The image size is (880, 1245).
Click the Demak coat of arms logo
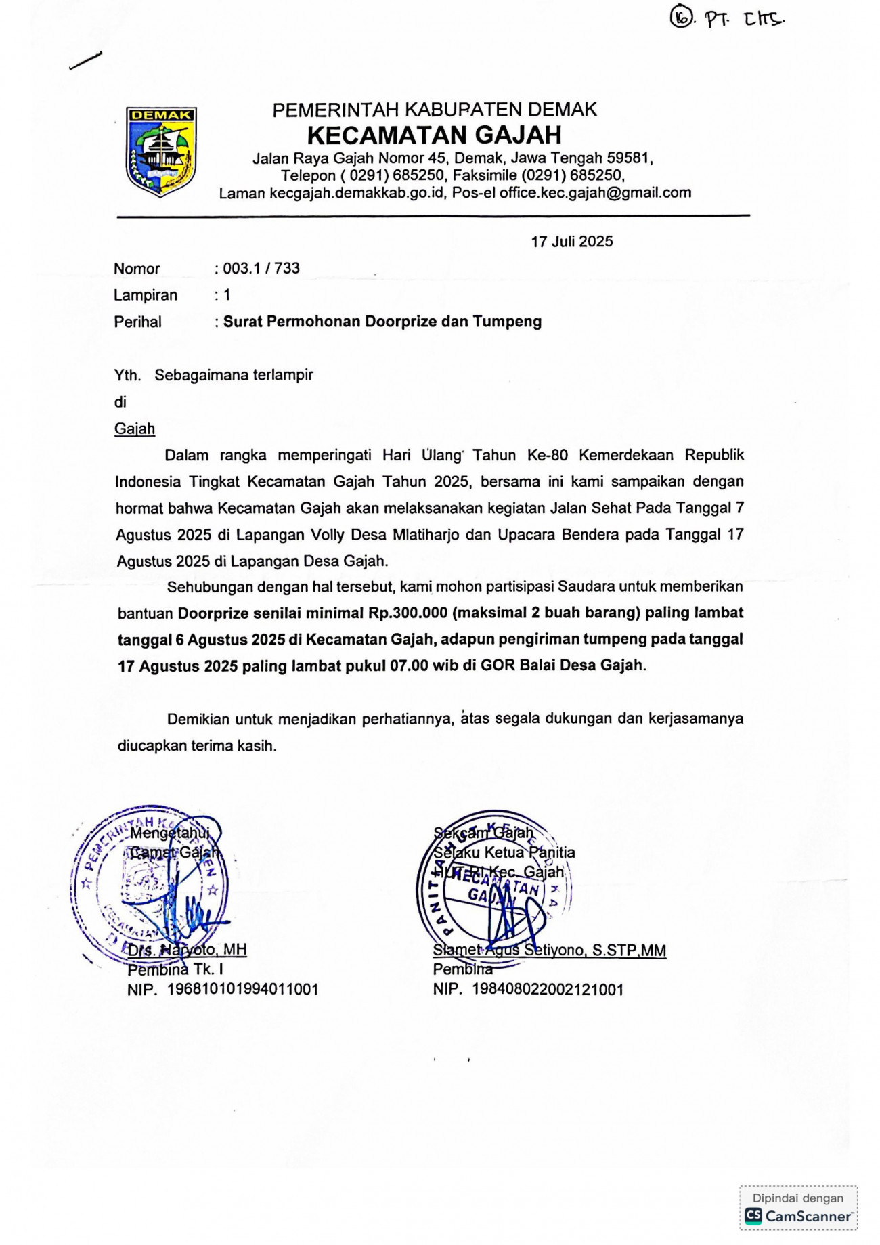[x=161, y=152]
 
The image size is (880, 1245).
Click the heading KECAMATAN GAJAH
[x=434, y=135]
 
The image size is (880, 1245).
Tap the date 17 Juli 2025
[x=571, y=242]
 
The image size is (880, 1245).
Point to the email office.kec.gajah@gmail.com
[x=595, y=193]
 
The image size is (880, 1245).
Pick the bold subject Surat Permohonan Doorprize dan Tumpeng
[x=382, y=322]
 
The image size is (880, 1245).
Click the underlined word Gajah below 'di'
[x=135, y=429]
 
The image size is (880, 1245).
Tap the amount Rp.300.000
[x=408, y=613]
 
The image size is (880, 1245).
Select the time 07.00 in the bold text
[x=409, y=665]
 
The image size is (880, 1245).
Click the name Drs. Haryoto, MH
[x=187, y=950]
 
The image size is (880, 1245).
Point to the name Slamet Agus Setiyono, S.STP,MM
[x=549, y=951]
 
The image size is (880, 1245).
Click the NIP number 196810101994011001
[x=242, y=989]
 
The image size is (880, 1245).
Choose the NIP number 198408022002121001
[x=547, y=989]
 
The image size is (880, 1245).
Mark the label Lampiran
[x=146, y=295]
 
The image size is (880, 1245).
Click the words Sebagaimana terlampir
[x=234, y=375]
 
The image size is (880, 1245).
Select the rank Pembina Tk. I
[x=175, y=969]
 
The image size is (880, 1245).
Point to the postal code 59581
[x=628, y=158]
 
